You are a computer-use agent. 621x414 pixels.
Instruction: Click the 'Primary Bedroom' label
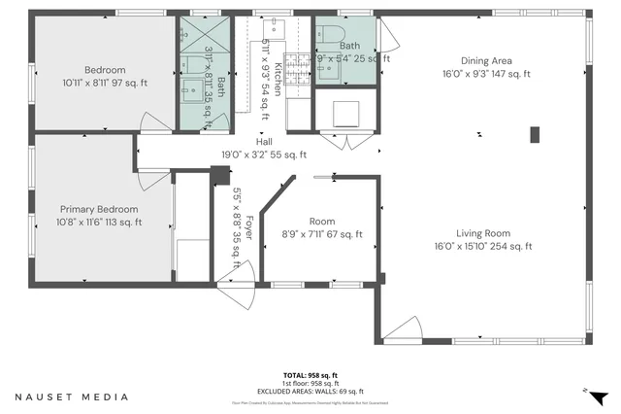99,209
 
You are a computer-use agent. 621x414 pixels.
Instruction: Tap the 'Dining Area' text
486,60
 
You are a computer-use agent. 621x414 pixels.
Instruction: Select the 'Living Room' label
486,233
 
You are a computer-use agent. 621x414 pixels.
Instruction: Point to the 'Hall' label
264,141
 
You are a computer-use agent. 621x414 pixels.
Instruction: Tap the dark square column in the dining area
533,134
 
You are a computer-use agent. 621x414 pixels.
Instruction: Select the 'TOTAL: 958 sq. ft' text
310,374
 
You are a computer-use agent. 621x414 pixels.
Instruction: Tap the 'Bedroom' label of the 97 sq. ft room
104,70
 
